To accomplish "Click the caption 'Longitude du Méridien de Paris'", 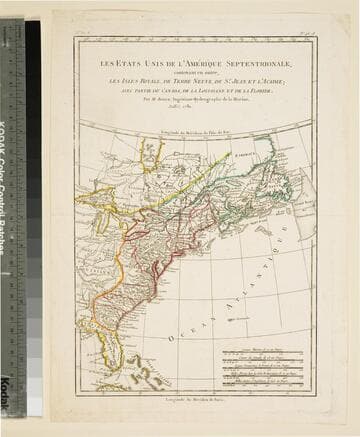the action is (194, 399).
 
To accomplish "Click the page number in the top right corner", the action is (305, 33).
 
